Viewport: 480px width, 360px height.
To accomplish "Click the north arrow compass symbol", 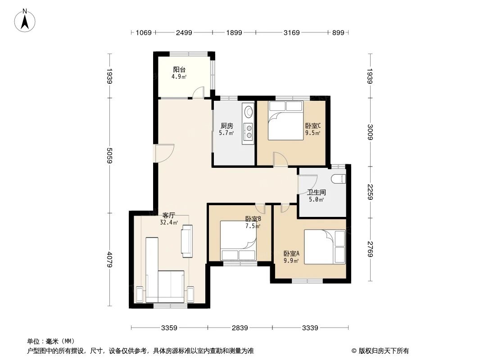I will (x=25, y=20).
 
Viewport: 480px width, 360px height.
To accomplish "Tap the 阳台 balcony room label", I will (x=179, y=70).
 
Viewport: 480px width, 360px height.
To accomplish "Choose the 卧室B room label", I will (x=253, y=219).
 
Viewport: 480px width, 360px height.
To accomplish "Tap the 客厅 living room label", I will (x=168, y=216).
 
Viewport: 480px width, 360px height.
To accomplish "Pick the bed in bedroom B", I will (x=238, y=241).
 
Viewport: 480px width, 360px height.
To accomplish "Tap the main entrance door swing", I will (x=164, y=153).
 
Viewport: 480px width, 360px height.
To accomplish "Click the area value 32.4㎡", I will (x=168, y=222).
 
